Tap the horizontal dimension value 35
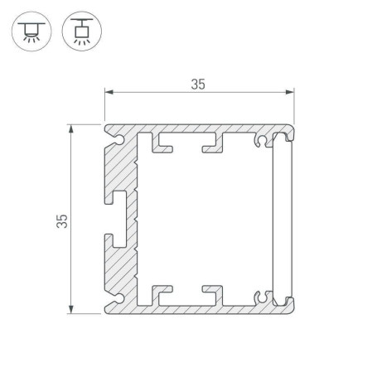198,84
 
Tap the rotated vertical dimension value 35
62,220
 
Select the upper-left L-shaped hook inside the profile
161,146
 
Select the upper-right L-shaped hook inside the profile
214,146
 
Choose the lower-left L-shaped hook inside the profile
161,292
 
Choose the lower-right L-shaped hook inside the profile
214,292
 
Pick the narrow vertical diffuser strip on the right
281,219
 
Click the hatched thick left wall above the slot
123,170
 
